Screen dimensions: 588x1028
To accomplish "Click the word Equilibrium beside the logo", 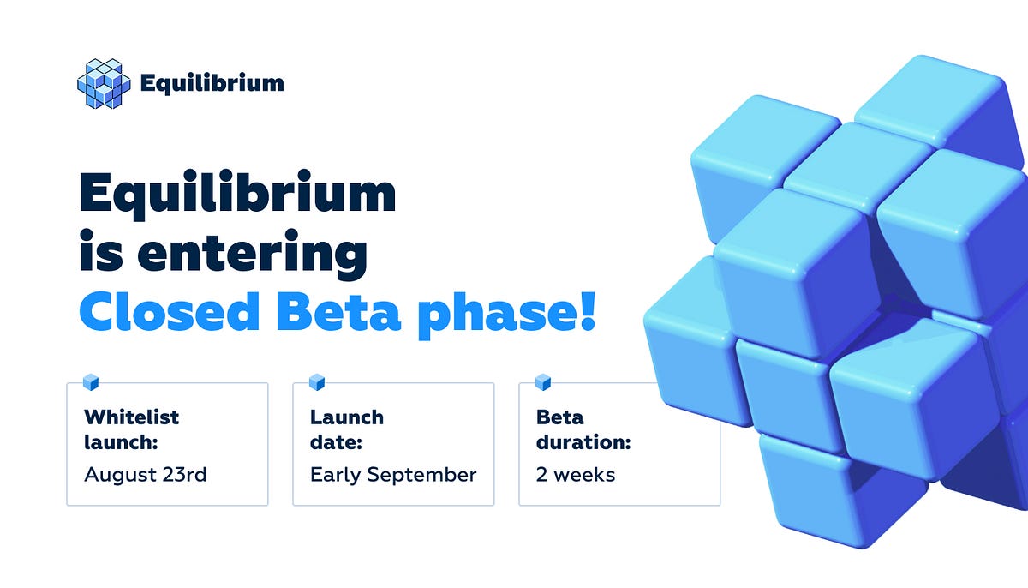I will [211, 83].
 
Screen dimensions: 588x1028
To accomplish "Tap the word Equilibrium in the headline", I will [237, 194].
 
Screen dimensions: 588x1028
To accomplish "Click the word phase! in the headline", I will [505, 315].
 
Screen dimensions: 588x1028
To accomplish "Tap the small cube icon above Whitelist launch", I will [90, 382].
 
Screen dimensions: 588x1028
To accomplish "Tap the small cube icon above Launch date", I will [316, 382].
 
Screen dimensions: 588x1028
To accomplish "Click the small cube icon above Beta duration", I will [542, 382].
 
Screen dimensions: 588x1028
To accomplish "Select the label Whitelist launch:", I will [132, 430].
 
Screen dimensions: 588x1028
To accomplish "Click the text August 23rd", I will [145, 474].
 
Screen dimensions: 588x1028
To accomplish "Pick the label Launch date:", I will [347, 430].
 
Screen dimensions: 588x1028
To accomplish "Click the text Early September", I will [393, 475].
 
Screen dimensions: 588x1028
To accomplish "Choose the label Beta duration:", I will [583, 430].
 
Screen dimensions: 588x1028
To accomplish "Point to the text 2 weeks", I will [576, 474].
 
